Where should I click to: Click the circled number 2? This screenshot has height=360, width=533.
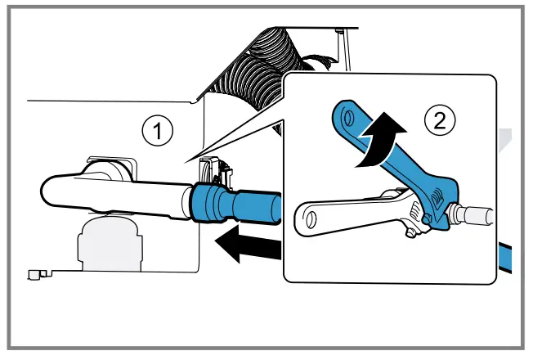pyautogui.click(x=439, y=122)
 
